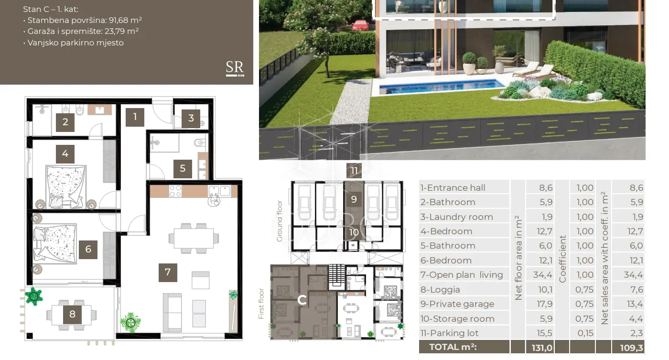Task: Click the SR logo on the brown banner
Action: point(235,68)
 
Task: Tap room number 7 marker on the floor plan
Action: point(168,273)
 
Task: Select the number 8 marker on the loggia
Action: point(72,314)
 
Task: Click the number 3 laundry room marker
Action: point(191,118)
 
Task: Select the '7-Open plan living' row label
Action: point(462,275)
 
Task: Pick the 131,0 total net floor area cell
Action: point(542,348)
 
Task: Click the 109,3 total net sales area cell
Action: point(632,348)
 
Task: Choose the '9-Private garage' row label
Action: point(457,304)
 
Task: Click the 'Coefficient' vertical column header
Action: point(562,259)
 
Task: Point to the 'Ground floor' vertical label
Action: point(279,221)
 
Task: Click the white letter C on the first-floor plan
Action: point(302,300)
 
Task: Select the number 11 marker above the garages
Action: point(354,171)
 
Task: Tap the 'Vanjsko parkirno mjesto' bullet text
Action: point(76,43)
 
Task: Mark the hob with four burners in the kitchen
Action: point(175,191)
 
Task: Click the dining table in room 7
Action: point(194,238)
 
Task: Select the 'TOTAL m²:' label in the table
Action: point(453,347)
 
